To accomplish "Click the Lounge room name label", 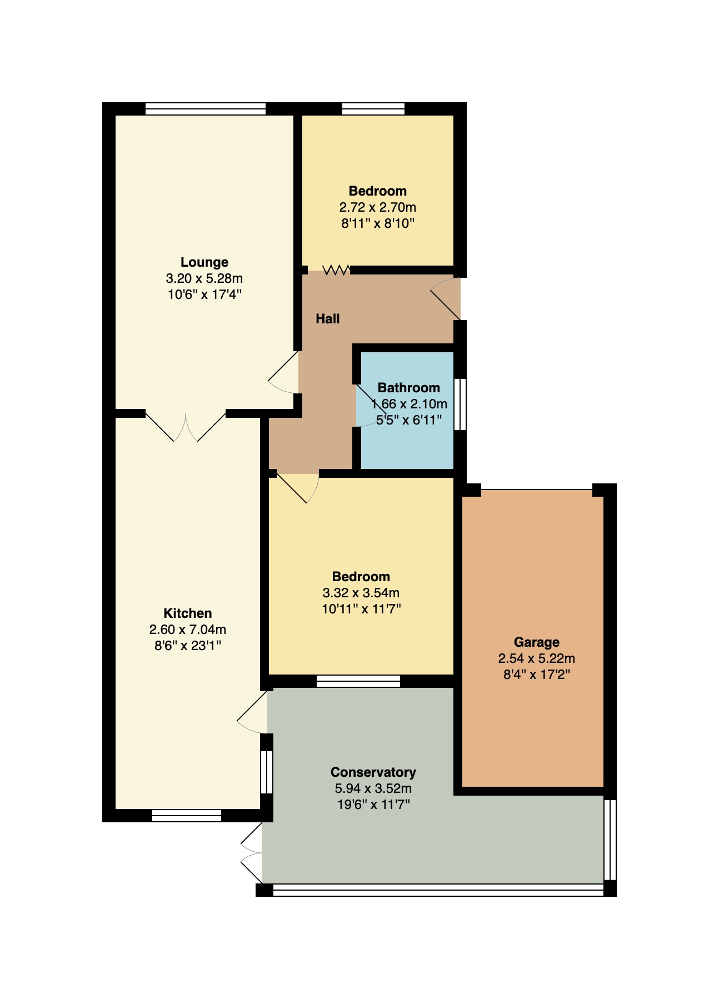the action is tap(204, 262).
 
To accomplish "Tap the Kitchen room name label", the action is tap(187, 613).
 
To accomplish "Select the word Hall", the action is tap(328, 319).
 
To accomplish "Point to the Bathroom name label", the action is tap(408, 388).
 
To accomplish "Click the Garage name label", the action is tap(536, 642).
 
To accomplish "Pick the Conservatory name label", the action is tap(373, 772).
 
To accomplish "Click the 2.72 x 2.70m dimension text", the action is tap(377, 207).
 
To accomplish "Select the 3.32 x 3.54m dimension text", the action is tap(361, 593).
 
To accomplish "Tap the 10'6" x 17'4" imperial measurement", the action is tap(204, 294).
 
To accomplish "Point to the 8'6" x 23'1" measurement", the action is tap(188, 646).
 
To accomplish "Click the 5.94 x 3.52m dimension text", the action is tap(373, 788).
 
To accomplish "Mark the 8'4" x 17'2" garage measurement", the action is tap(536, 675).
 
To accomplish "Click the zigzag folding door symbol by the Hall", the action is tap(336, 270).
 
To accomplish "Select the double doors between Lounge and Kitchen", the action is tap(186, 427).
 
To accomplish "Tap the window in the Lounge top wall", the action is tap(205, 109).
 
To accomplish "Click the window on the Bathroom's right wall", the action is tap(460, 404).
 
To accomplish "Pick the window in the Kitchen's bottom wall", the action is tap(187, 815).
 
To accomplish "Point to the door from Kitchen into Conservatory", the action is tap(253, 713).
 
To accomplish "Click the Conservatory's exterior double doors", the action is tap(252, 852).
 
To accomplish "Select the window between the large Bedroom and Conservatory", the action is tap(358, 681).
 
